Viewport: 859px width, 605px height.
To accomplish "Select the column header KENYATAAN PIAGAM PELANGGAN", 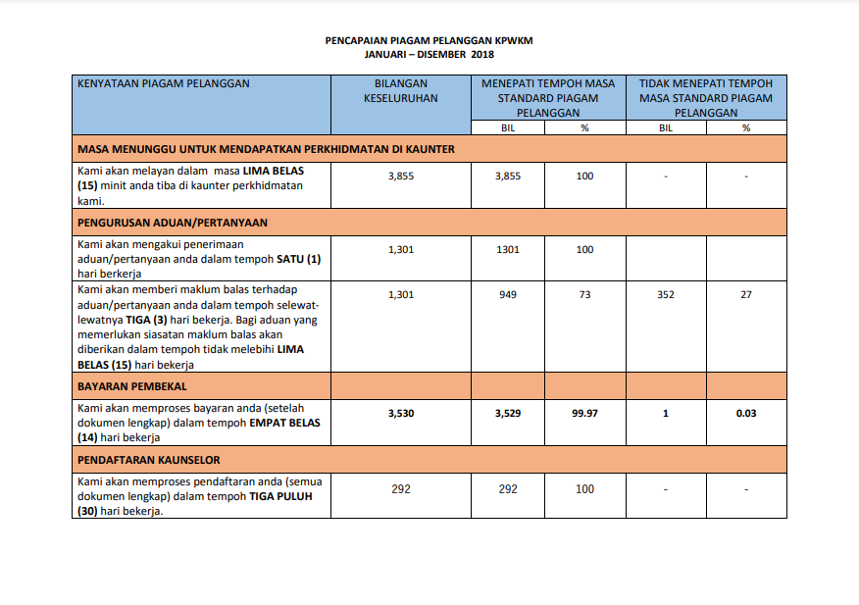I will point(164,84).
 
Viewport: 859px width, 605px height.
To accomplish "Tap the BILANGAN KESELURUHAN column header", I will point(400,91).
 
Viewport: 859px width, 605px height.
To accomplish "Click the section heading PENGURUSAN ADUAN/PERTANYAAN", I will point(173,223).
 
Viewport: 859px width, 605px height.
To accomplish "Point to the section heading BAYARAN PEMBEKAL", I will point(132,386).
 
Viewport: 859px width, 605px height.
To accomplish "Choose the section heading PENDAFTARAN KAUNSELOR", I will point(149,460).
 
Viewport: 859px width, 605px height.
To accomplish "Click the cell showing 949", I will point(508,295).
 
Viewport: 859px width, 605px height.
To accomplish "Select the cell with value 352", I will point(666,295).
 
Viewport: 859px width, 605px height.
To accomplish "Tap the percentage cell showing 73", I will point(584,295).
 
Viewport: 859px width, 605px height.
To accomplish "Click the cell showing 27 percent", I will point(746,295).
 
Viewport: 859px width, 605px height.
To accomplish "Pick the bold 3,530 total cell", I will point(401,414).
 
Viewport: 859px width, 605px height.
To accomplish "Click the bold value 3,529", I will point(508,414).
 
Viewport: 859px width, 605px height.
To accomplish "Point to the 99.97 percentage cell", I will point(584,414).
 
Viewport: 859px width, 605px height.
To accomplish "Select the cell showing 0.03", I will point(746,414).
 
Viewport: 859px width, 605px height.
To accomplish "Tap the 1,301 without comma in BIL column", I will point(508,250).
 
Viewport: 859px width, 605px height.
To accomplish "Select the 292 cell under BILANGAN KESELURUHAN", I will point(401,488).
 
